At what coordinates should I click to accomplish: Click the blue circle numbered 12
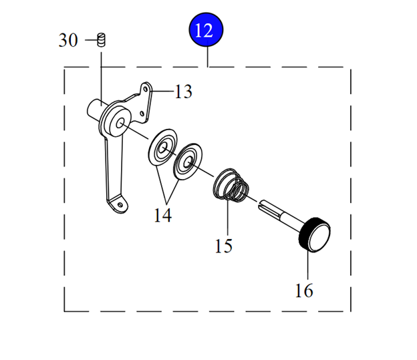[206, 31]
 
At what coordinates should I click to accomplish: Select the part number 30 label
[68, 40]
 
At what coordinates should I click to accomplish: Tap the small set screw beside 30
[102, 39]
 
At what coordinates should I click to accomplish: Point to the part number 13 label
[183, 92]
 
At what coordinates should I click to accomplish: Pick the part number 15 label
[224, 246]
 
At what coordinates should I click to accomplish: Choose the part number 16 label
[303, 291]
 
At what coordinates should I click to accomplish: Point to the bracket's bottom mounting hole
[118, 199]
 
